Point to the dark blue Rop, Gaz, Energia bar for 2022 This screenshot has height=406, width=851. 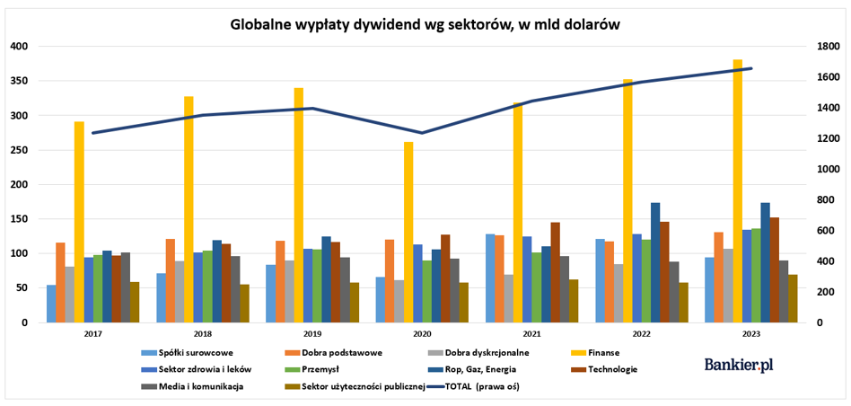point(655,262)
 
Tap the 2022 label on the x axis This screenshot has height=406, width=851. point(640,333)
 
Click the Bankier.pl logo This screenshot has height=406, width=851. point(739,365)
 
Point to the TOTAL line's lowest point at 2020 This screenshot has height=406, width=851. point(422,133)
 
